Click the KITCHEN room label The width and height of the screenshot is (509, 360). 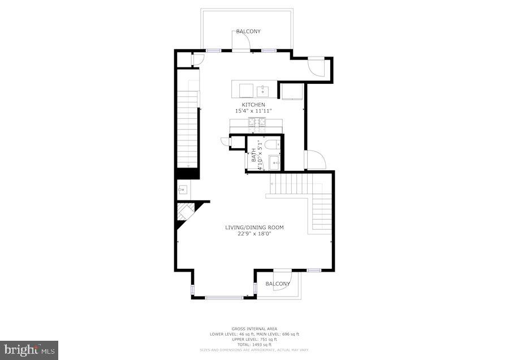pyautogui.click(x=253, y=105)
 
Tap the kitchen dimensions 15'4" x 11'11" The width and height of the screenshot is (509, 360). pyautogui.click(x=253, y=111)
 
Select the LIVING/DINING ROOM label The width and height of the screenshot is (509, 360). pyautogui.click(x=255, y=228)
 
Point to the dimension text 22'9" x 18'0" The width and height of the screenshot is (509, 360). pyautogui.click(x=255, y=233)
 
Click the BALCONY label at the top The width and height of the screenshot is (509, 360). pyautogui.click(x=248, y=32)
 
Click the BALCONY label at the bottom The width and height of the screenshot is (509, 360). pyautogui.click(x=278, y=284)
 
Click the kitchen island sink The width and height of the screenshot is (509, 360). pyautogui.click(x=263, y=90)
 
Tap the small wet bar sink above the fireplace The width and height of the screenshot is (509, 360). pyautogui.click(x=183, y=189)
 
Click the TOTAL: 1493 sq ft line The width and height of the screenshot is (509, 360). pyautogui.click(x=254, y=344)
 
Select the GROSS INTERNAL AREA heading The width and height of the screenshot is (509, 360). pyautogui.click(x=254, y=329)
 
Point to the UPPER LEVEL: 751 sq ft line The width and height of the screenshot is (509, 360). pyautogui.click(x=254, y=339)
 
